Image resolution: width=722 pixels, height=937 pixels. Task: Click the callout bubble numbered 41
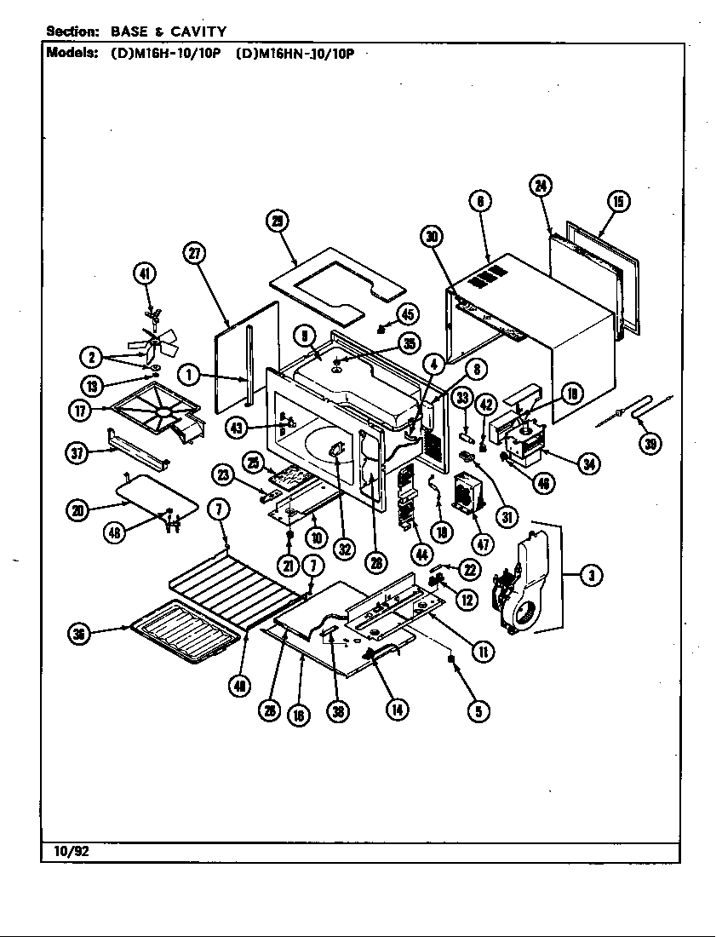pos(146,273)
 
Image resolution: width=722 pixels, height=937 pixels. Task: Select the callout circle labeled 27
pos(195,252)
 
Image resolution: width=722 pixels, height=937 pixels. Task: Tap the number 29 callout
pos(278,221)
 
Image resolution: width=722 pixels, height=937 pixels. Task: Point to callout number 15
pos(617,202)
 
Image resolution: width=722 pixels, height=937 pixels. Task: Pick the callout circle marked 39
pos(651,442)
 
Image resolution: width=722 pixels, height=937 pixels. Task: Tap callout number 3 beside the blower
pos(590,577)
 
